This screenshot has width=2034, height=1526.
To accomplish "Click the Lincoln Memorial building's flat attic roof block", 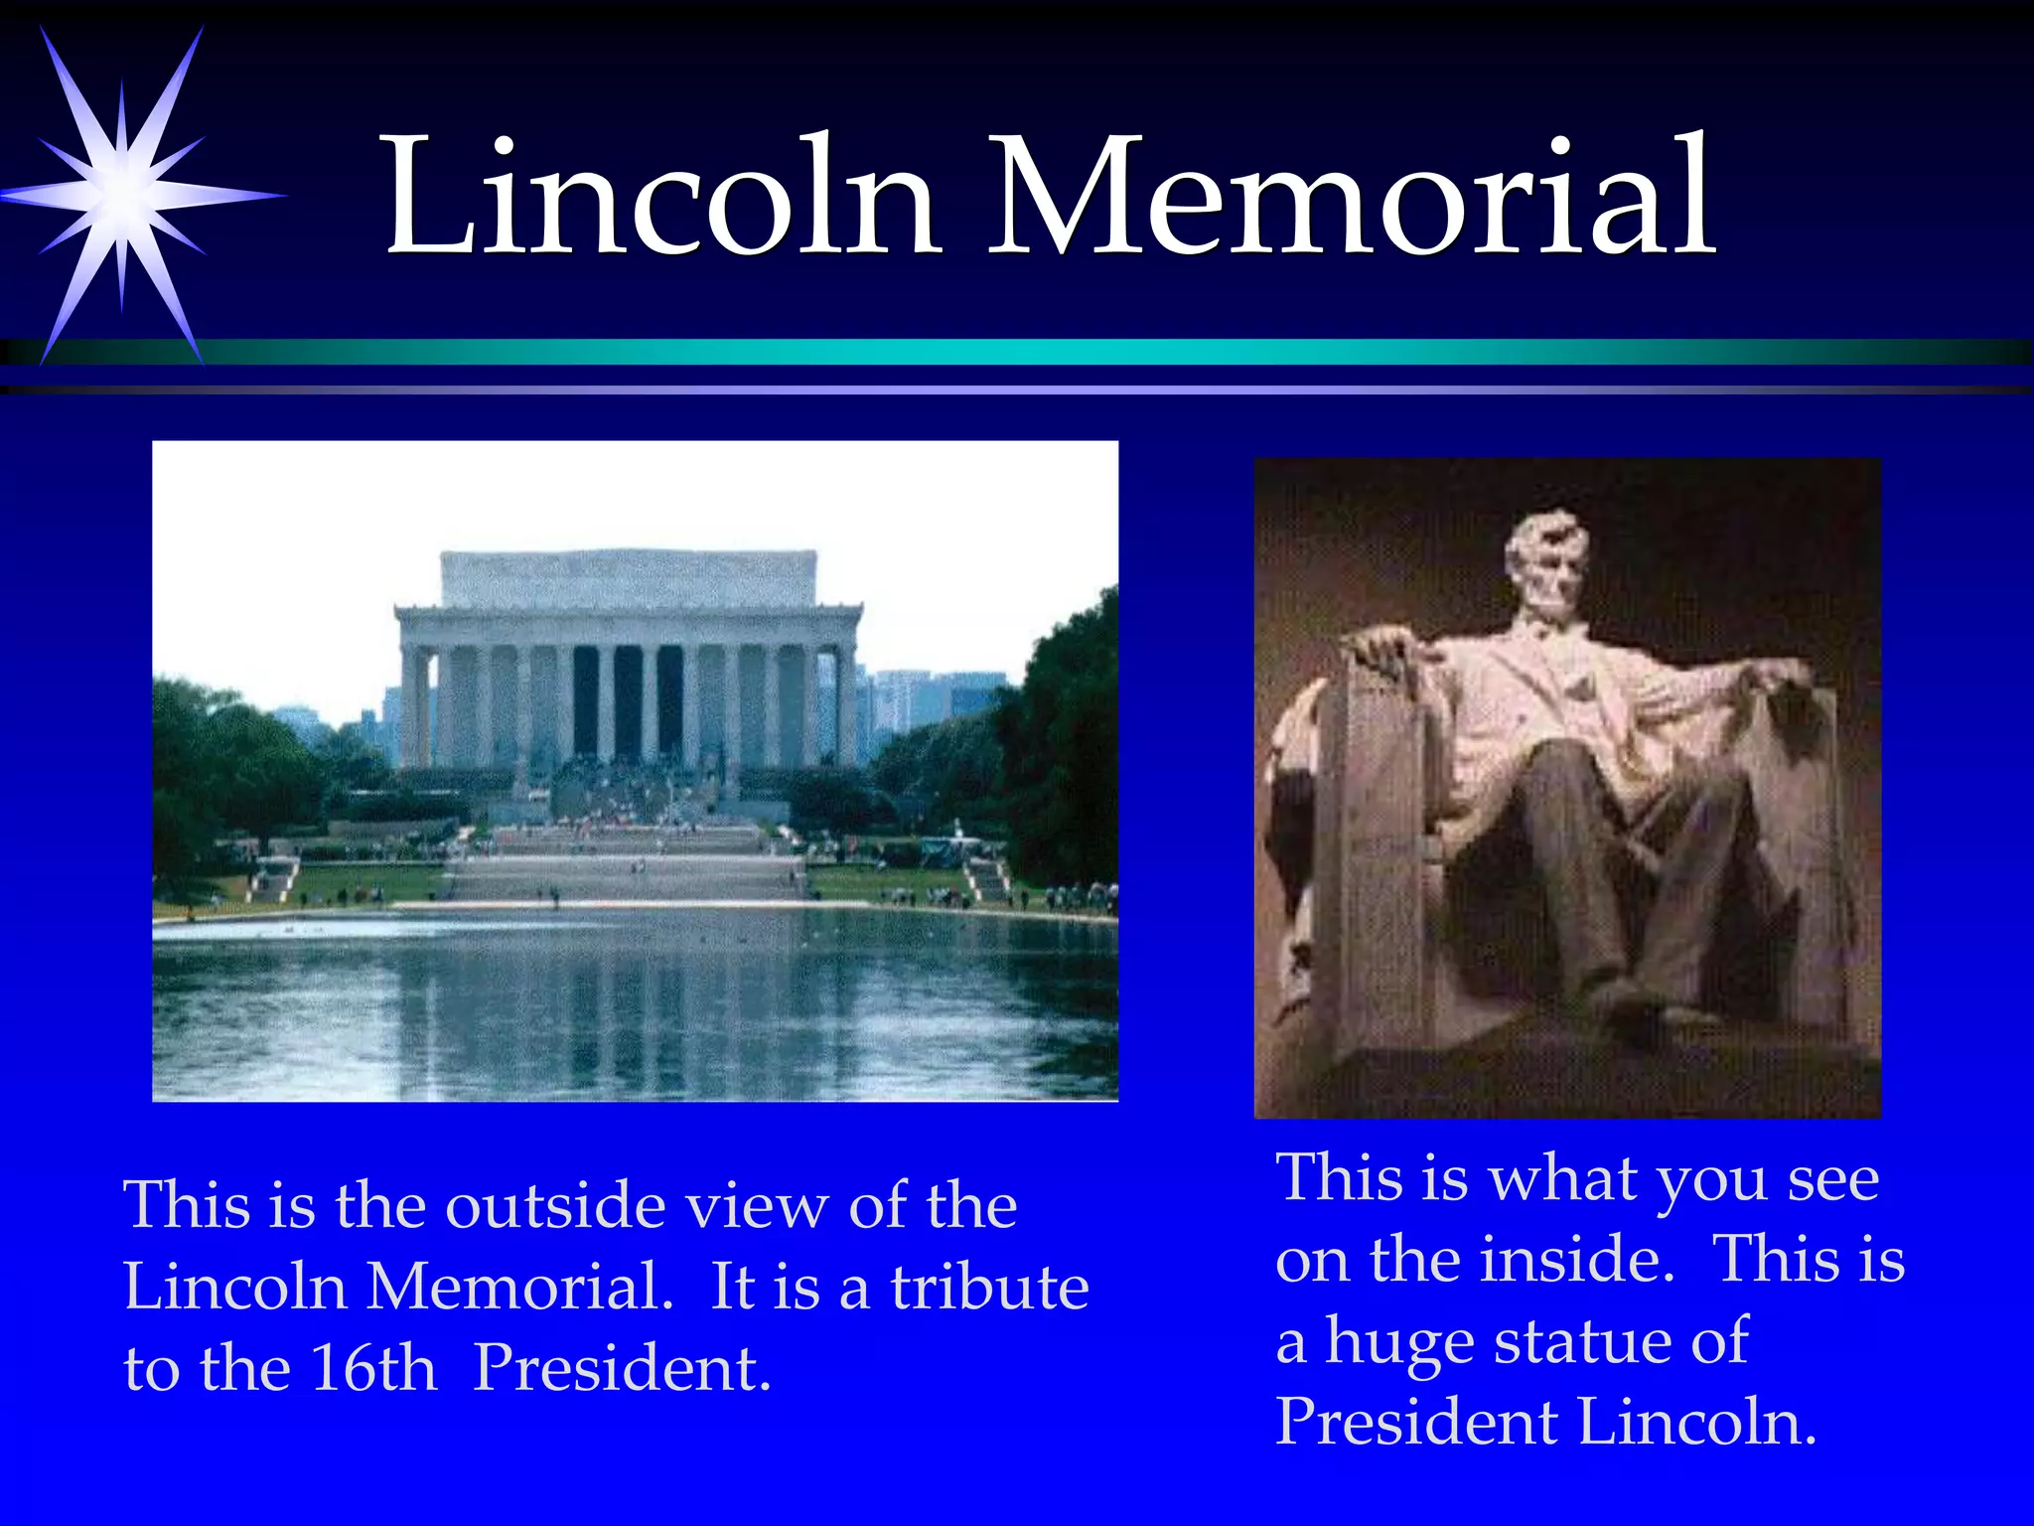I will point(629,578).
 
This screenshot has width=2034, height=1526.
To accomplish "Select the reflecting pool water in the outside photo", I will point(636,1003).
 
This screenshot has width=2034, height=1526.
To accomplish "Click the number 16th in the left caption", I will point(372,1368).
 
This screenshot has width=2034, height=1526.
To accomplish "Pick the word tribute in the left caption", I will point(989,1288).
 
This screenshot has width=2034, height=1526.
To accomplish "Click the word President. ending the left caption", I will point(622,1368).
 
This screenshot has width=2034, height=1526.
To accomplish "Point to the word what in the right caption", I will point(1565,1179).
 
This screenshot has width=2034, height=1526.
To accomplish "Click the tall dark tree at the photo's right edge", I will point(1068,735).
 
